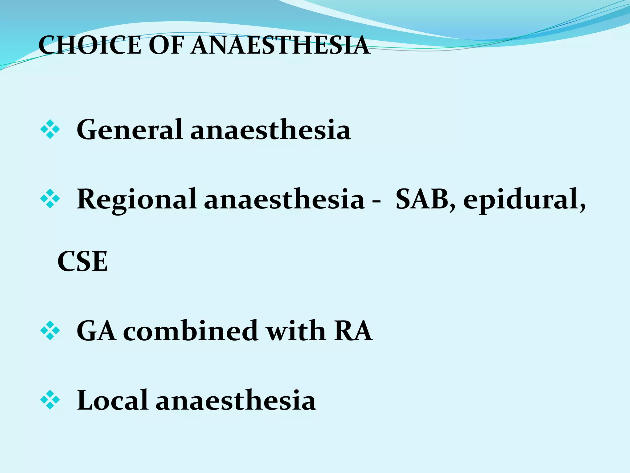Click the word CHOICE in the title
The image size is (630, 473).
(90, 45)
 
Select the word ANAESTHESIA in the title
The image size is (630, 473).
(280, 45)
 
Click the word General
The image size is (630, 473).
(130, 130)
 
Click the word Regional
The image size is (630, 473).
(137, 200)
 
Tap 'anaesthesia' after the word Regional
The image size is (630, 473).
(284, 200)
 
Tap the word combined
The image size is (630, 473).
(190, 331)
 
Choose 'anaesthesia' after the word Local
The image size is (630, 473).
(236, 400)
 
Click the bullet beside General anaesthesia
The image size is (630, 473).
(50, 130)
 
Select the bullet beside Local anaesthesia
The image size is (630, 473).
(50, 400)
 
